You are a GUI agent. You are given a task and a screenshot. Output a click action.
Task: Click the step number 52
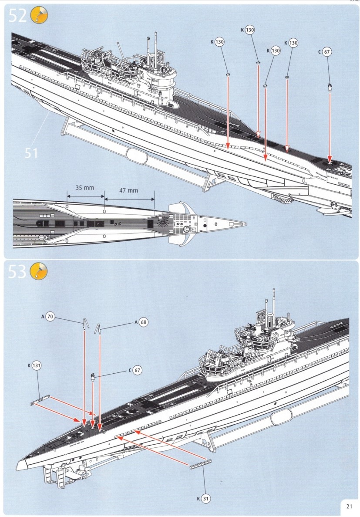pyautogui.click(x=18, y=16)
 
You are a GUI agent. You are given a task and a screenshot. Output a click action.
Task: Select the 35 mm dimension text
pyautogui.click(x=84, y=188)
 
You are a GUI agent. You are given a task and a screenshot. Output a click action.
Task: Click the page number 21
pyautogui.click(x=349, y=506)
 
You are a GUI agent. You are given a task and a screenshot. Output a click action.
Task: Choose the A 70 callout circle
pyautogui.click(x=50, y=317)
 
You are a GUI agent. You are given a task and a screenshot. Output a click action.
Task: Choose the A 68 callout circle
pyautogui.click(x=143, y=322)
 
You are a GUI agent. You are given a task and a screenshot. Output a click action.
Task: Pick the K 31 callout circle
pyautogui.click(x=205, y=499)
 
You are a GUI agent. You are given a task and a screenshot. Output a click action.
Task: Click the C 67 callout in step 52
pyautogui.click(x=328, y=52)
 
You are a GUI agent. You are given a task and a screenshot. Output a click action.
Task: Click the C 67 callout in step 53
pyautogui.click(x=138, y=370)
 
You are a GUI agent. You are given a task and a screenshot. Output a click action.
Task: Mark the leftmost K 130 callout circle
pyautogui.click(x=220, y=42)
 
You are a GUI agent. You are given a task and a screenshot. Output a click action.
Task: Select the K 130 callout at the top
pyautogui.click(x=249, y=30)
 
